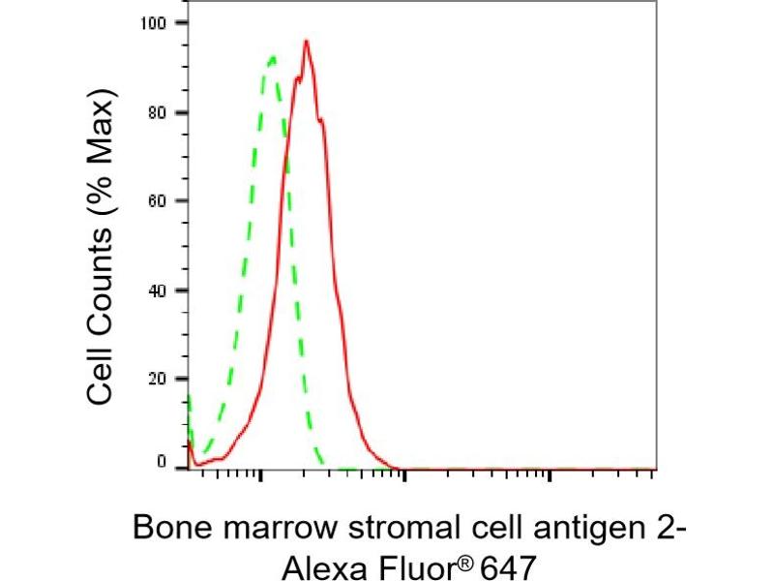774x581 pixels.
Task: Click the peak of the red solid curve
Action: click(x=306, y=41)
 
